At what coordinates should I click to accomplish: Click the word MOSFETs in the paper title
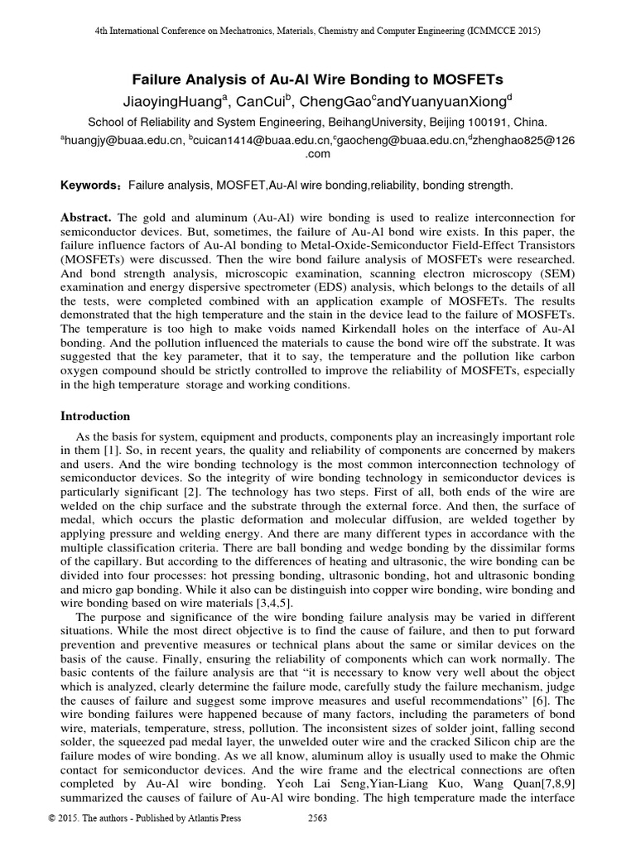pos(462,79)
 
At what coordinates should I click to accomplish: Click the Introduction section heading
pos(95,416)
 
